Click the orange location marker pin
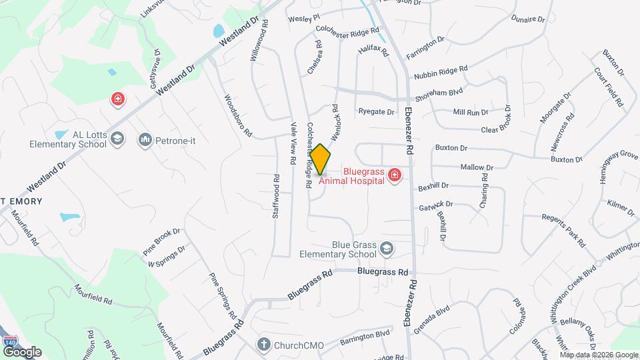(x=321, y=159)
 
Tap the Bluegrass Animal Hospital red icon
(x=395, y=175)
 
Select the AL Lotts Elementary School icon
(x=117, y=139)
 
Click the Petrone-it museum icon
(x=145, y=139)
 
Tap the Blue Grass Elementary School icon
(x=386, y=249)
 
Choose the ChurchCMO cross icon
(x=264, y=345)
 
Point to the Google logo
(x=22, y=351)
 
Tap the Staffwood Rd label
(x=276, y=197)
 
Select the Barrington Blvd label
(x=364, y=337)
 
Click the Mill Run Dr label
(x=471, y=112)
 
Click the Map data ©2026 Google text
(x=598, y=354)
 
